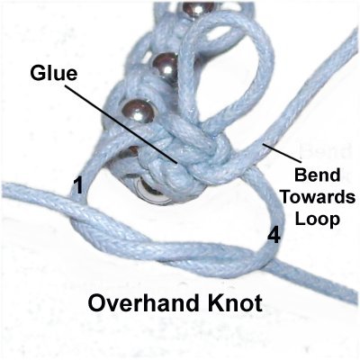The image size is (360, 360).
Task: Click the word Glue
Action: (x=54, y=74)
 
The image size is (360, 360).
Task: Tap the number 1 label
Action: (x=78, y=185)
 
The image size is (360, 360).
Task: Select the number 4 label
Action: (x=274, y=235)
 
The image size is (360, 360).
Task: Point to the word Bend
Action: (x=317, y=175)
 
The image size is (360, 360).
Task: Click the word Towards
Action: (x=318, y=197)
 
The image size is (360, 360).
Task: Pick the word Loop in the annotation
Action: (x=318, y=220)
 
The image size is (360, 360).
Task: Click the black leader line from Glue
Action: (x=121, y=124)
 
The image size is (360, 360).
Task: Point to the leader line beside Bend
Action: (x=281, y=152)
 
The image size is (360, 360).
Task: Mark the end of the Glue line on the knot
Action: (x=176, y=164)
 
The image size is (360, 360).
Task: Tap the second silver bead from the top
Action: (x=165, y=66)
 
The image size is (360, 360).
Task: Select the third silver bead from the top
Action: (x=139, y=111)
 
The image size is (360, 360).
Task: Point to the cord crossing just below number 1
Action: (x=78, y=210)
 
